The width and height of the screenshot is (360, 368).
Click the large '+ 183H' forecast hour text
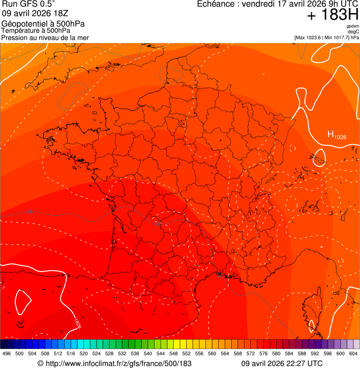point(332,15)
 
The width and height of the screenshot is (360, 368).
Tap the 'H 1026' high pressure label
point(337,135)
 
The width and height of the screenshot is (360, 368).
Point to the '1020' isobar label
point(77,323)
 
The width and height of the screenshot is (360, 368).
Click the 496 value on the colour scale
point(7,353)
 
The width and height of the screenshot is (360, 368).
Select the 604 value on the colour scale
point(353,353)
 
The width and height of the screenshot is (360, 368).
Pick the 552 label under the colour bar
point(186,353)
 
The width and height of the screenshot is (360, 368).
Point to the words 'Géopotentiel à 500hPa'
point(43,24)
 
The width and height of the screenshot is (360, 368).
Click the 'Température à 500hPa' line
point(36,30)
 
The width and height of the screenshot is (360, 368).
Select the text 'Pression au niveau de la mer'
point(45,37)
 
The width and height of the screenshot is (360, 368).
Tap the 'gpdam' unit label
point(353,26)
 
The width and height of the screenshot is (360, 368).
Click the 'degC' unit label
point(353,32)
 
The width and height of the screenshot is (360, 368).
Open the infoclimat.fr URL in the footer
point(115,363)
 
